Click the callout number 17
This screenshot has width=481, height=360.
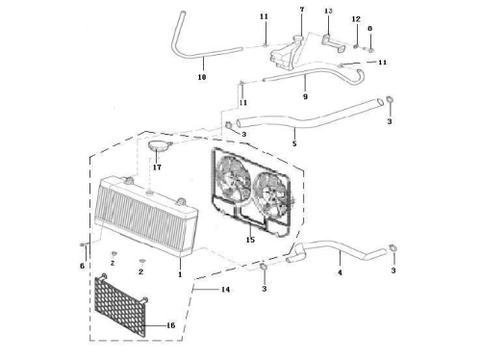point(157,167)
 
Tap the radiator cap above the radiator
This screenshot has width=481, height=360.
point(160,145)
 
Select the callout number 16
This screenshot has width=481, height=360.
point(171,325)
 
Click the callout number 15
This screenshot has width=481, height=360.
point(250,240)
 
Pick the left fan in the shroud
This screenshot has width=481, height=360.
point(234,178)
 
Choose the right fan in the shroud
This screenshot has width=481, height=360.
point(269,193)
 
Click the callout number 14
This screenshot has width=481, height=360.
point(225,290)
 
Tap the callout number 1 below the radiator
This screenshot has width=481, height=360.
point(180,274)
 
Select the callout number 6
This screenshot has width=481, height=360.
point(82,266)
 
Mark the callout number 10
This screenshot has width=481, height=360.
point(202,77)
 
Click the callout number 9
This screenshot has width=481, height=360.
point(305,96)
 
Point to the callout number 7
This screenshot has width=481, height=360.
point(302,10)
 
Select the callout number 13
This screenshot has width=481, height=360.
point(328,11)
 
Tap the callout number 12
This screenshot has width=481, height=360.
point(356,19)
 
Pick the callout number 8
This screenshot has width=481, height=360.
point(369,29)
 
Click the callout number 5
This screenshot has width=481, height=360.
point(294,143)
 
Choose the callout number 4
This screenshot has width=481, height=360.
point(340,272)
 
